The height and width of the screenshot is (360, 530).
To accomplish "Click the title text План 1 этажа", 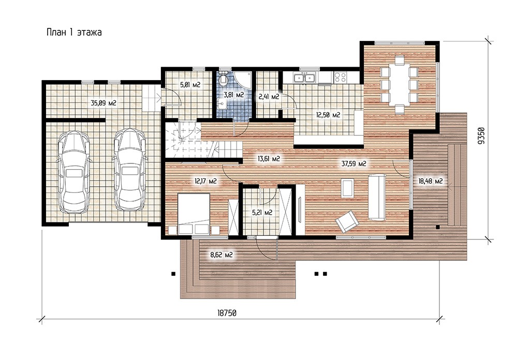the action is pyautogui.click(x=74, y=33).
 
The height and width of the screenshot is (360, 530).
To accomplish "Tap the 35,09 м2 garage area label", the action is pyautogui.click(x=104, y=103).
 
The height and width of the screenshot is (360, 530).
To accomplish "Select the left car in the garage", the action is pyautogui.click(x=74, y=171).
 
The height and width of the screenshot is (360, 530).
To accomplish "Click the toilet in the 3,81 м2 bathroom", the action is pyautogui.click(x=223, y=80).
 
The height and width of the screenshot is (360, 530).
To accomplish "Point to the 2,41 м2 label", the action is pyautogui.click(x=269, y=97).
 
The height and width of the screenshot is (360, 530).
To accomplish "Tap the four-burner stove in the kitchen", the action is pyautogui.click(x=340, y=78).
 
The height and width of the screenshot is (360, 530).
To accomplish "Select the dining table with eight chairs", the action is pyautogui.click(x=399, y=85).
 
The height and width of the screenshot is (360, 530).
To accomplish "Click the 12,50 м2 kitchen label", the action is pyautogui.click(x=328, y=115).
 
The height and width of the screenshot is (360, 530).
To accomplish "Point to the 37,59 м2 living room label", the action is pyautogui.click(x=354, y=164).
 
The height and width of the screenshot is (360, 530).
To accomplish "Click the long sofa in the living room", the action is pyautogui.click(x=377, y=197).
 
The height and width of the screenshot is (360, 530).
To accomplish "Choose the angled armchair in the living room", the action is pyautogui.click(x=347, y=221).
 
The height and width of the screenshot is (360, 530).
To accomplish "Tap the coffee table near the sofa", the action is pyautogui.click(x=348, y=188).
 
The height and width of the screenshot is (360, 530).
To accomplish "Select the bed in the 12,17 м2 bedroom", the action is pyautogui.click(x=194, y=214).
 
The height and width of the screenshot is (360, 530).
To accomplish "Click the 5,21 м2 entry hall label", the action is pyautogui.click(x=262, y=213).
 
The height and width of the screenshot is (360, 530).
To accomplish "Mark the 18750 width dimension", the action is pyautogui.click(x=227, y=313).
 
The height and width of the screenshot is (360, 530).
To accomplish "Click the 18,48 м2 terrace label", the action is pyautogui.click(x=430, y=182).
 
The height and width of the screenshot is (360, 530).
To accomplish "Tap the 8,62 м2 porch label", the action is pyautogui.click(x=222, y=255).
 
